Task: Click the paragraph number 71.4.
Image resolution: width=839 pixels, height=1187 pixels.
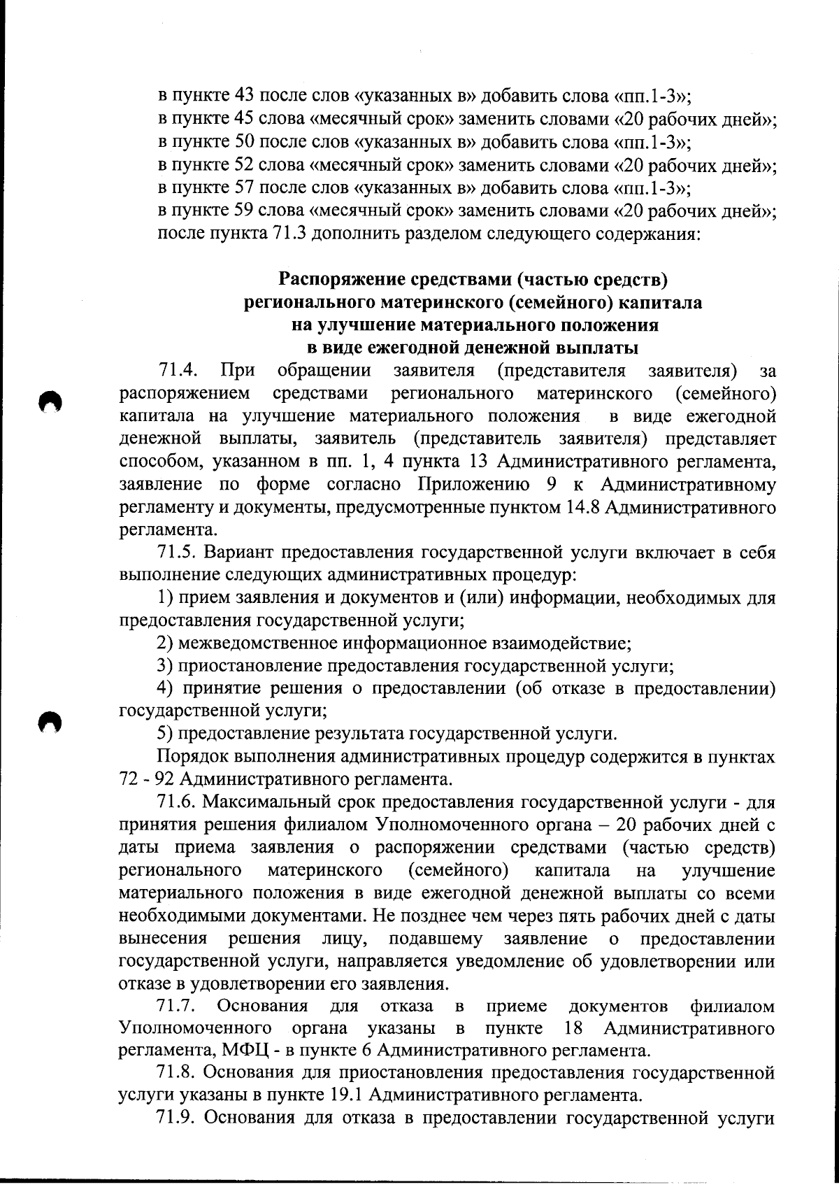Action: click(175, 370)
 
